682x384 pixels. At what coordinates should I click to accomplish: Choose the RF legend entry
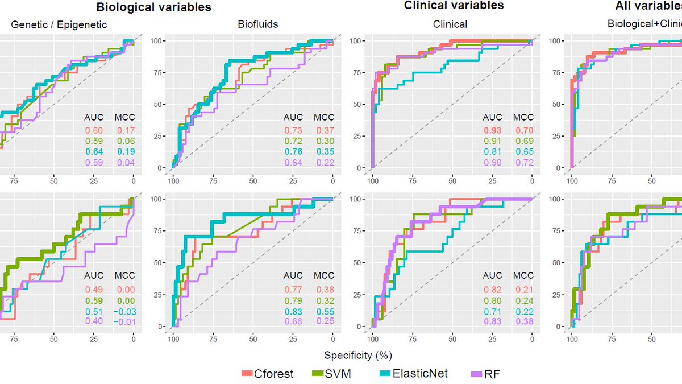click(486, 374)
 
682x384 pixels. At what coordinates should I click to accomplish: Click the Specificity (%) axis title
click(358, 356)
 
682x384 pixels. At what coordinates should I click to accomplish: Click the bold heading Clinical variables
click(454, 6)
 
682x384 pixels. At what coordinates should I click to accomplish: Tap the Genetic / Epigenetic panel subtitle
click(59, 24)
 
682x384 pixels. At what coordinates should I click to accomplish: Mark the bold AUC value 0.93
click(493, 130)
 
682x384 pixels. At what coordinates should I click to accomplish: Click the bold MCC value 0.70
click(523, 130)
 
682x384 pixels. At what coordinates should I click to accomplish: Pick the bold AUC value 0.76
click(294, 152)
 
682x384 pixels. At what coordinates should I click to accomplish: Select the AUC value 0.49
click(94, 288)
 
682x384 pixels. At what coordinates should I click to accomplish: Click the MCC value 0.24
click(523, 299)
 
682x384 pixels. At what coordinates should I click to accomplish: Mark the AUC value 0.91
click(493, 141)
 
